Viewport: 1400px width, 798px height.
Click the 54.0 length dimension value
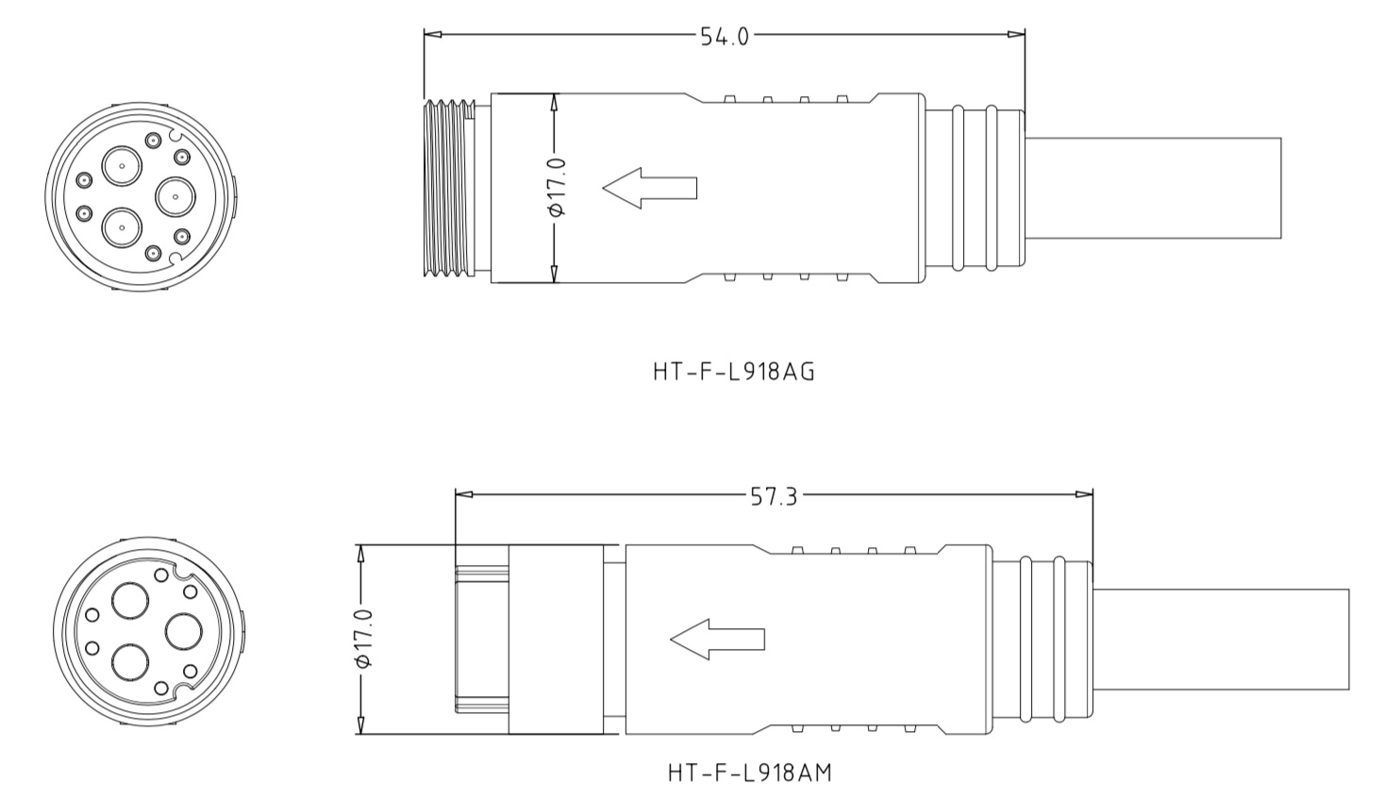pyautogui.click(x=725, y=36)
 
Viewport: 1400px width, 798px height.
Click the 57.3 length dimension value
pyautogui.click(x=774, y=496)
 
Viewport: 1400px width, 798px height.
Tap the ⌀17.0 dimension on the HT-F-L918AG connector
pyautogui.click(x=557, y=188)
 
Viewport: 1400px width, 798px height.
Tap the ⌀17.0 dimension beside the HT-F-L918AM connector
pyautogui.click(x=363, y=640)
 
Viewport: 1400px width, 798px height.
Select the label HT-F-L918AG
pyautogui.click(x=733, y=372)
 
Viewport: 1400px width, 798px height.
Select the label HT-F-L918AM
pyautogui.click(x=749, y=773)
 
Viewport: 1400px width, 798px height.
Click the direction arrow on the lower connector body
pyautogui.click(x=717, y=640)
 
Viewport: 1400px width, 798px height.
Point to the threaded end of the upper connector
pyautogui.click(x=450, y=188)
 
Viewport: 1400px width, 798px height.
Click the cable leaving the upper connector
pyautogui.click(x=1151, y=188)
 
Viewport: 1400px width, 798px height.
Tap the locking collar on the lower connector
pyautogui.click(x=556, y=640)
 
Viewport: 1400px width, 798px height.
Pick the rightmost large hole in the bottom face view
pyautogui.click(x=182, y=630)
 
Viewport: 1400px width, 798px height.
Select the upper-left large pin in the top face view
pyautogui.click(x=122, y=167)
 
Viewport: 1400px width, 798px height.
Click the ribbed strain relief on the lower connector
pyautogui.click(x=1042, y=640)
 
